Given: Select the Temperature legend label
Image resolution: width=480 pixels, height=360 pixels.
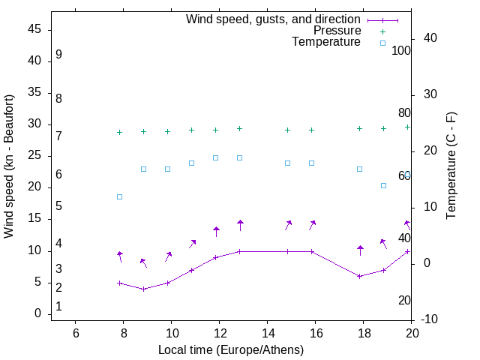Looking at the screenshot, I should [x=326, y=42].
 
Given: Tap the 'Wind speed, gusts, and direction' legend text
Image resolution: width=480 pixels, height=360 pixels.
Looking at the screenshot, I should [x=274, y=19].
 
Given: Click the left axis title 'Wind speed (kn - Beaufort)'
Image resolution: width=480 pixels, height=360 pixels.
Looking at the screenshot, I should [x=9, y=166].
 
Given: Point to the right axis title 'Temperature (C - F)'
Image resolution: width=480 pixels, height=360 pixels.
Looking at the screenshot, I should [x=451, y=166].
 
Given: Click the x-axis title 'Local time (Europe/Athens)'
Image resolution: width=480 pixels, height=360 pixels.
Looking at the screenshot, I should [x=231, y=349].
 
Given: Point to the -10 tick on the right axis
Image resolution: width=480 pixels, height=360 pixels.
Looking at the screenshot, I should [x=430, y=319].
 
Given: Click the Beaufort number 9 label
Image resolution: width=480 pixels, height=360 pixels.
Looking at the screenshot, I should [x=58, y=55].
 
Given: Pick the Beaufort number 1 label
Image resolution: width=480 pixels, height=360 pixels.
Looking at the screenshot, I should [x=58, y=307].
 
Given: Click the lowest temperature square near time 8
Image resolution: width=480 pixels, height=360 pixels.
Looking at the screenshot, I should [x=119, y=196].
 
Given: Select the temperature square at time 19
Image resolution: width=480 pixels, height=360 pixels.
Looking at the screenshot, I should [x=383, y=185].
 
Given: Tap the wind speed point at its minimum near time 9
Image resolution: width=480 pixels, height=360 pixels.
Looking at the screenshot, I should [x=143, y=289].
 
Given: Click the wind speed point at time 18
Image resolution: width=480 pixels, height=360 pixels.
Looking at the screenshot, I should [x=359, y=276].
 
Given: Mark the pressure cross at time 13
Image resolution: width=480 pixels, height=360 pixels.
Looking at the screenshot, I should [x=239, y=129].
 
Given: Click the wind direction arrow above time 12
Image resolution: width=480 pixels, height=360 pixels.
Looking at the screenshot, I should [x=216, y=232].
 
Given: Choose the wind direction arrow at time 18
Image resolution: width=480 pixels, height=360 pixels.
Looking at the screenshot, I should [x=360, y=250].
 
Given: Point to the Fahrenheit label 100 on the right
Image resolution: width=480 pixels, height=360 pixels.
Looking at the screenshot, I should [x=402, y=51].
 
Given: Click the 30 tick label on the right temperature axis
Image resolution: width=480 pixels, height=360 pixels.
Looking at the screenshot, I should [x=430, y=94].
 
